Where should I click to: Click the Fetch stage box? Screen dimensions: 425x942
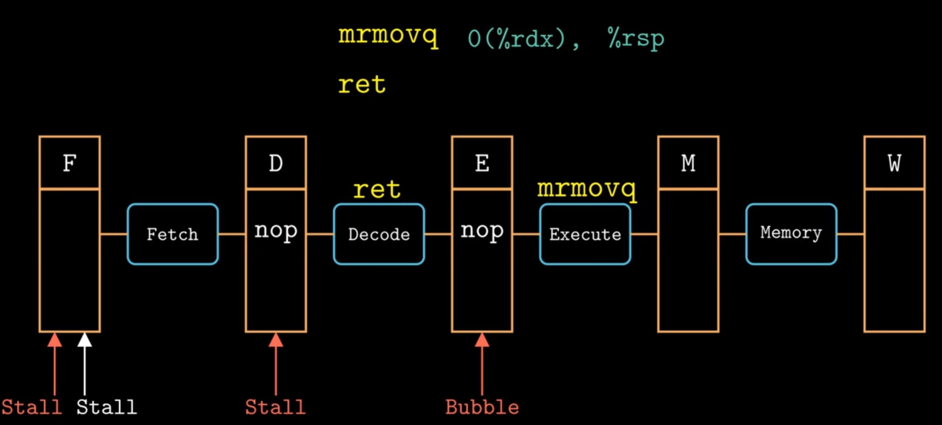click(173, 234)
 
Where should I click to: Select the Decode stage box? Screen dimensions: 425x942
click(379, 234)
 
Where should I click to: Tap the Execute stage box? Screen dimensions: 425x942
click(585, 234)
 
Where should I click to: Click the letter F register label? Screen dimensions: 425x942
click(69, 164)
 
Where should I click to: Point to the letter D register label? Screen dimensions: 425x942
click(276, 164)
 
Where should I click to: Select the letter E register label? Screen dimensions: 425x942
click(482, 164)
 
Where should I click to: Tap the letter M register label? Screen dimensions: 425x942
click(688, 164)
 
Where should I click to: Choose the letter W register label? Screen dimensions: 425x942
click(894, 164)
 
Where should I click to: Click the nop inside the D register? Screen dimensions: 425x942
click(276, 230)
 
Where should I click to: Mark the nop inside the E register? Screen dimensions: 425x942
click(482, 230)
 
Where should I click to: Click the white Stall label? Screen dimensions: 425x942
click(107, 407)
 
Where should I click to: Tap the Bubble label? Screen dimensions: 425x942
click(482, 407)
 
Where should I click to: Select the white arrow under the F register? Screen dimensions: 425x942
click(85, 363)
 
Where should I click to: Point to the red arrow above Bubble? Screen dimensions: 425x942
click(482, 363)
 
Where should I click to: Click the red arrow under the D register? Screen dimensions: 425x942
click(276, 363)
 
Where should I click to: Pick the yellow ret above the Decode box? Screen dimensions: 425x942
click(377, 190)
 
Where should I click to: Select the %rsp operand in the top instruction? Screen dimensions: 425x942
click(636, 38)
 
